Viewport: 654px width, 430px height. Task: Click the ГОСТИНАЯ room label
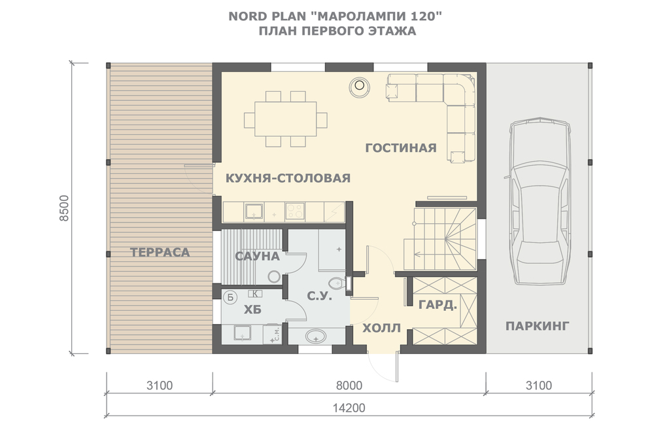coord(401,148)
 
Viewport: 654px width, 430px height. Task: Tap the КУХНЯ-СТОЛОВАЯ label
coord(288,178)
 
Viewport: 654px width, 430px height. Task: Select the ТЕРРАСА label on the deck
coord(160,252)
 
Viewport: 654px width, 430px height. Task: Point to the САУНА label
coord(257,257)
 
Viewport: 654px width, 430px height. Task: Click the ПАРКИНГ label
coord(537,326)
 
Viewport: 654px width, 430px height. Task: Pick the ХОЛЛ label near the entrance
coord(381,328)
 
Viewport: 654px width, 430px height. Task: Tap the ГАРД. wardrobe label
coord(438,305)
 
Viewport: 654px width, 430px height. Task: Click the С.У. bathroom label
coord(320,296)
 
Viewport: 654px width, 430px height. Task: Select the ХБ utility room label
coord(252,310)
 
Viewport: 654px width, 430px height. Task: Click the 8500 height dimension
coord(64,208)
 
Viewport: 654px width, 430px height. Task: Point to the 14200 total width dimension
coord(349,408)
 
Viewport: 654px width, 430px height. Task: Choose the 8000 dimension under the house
coord(349,385)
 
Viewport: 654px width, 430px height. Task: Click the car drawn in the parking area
coord(538,201)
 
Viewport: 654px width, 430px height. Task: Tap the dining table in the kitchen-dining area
coord(286,119)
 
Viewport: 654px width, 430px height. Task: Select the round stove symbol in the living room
coord(359,87)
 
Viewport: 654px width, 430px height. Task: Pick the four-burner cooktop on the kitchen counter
coord(295,211)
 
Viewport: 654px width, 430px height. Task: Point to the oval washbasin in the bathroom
coord(316,336)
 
